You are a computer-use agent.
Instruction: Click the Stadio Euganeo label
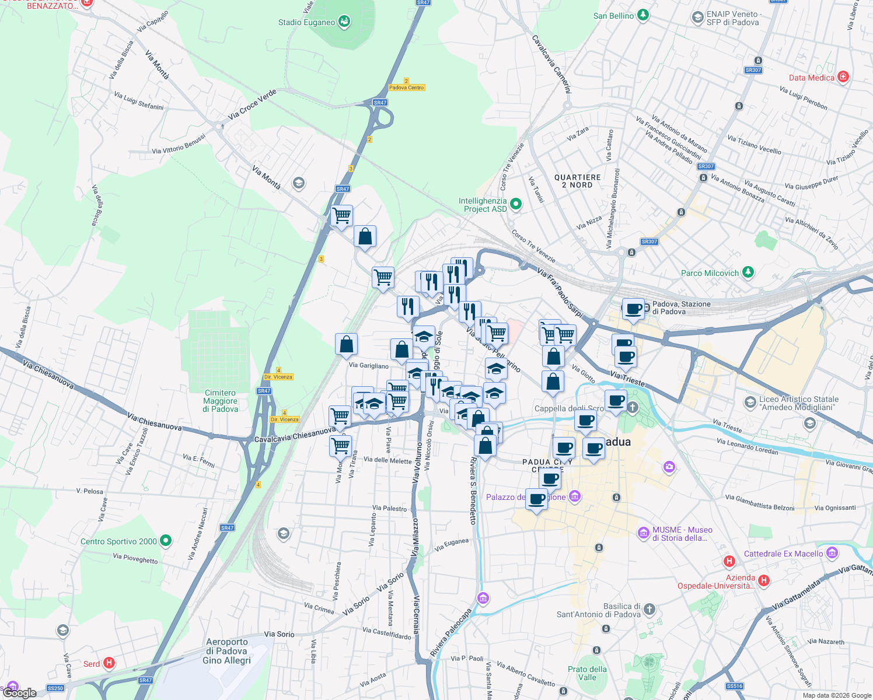(x=306, y=23)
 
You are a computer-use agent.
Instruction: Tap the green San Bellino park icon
(x=642, y=15)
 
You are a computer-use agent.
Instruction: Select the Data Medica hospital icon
(x=843, y=77)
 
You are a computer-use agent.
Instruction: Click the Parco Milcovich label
(x=710, y=273)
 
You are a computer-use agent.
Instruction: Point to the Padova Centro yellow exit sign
(x=407, y=87)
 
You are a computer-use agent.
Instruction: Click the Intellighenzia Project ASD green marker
(x=515, y=204)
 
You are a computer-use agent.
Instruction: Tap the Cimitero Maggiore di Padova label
(x=220, y=401)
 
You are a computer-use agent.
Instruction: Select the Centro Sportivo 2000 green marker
(x=166, y=541)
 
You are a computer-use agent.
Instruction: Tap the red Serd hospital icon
(x=109, y=663)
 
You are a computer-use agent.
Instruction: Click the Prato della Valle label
(x=587, y=673)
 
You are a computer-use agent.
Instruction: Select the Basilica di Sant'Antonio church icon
(x=649, y=610)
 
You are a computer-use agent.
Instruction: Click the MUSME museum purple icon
(x=644, y=533)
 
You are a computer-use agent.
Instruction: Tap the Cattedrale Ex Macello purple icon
(x=832, y=552)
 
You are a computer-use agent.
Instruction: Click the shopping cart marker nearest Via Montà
(x=341, y=216)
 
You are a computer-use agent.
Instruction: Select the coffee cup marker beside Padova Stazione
(x=633, y=309)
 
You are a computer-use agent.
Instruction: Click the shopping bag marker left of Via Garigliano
(x=346, y=344)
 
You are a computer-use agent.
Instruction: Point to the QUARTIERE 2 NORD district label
(x=577, y=181)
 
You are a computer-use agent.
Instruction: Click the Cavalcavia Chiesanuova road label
(x=295, y=435)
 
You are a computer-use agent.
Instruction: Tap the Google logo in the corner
(x=20, y=693)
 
